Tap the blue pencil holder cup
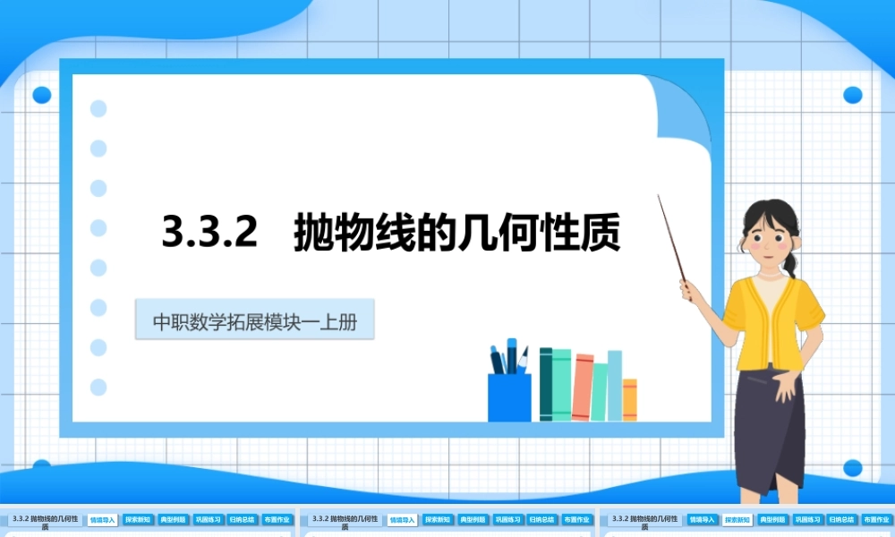[x=509, y=396]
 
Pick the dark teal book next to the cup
[x=546, y=385]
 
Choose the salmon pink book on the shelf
[x=583, y=388]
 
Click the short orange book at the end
[x=630, y=399]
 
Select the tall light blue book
[x=615, y=385]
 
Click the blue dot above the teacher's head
[x=852, y=95]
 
